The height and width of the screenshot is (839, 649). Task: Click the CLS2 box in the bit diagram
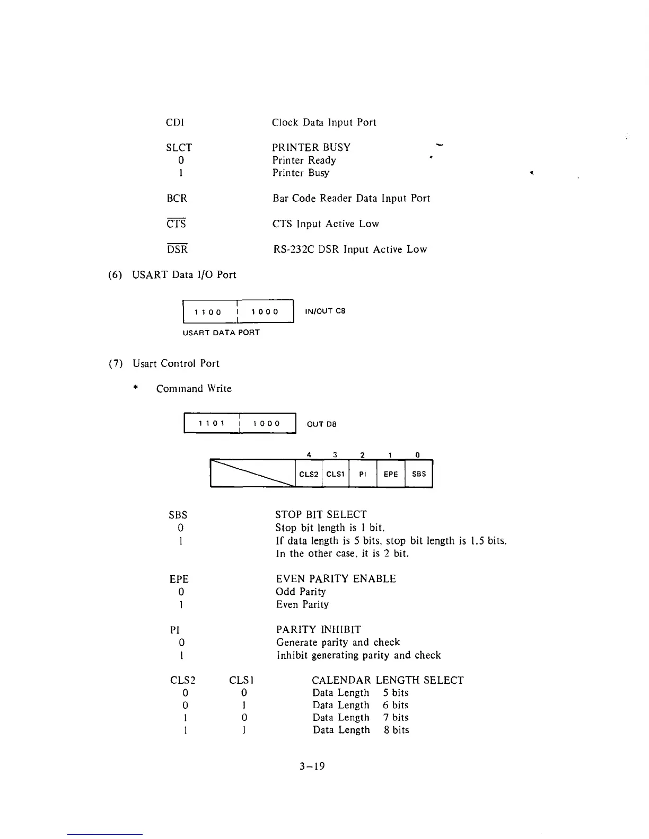pos(309,474)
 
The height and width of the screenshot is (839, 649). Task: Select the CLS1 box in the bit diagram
pos(335,474)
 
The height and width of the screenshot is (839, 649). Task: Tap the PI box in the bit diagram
pos(363,474)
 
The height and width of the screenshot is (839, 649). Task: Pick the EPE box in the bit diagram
pos(391,474)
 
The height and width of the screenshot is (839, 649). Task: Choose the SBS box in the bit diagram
pos(419,474)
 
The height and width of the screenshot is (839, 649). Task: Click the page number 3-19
pos(312,766)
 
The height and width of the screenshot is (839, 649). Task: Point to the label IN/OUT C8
pos(325,311)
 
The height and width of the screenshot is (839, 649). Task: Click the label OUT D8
pos(321,424)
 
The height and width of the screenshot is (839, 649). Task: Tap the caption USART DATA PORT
pos(221,333)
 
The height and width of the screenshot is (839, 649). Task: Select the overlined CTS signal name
pos(176,224)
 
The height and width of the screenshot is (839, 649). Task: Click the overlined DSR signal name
pos(177,249)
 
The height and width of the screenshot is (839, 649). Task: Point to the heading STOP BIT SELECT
pos(321,514)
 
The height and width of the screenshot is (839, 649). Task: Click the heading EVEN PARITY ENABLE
pos(336,578)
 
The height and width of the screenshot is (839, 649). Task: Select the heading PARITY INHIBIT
pos(319,629)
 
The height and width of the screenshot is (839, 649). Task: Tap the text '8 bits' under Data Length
pos(397,730)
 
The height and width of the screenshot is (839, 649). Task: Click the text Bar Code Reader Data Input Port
pos(351,198)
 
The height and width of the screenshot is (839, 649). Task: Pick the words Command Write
pos(194,388)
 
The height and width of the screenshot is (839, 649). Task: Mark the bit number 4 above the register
pos(309,454)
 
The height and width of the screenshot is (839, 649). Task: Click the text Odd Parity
pos(301,592)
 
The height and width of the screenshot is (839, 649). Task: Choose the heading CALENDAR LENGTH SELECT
pos(388,680)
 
